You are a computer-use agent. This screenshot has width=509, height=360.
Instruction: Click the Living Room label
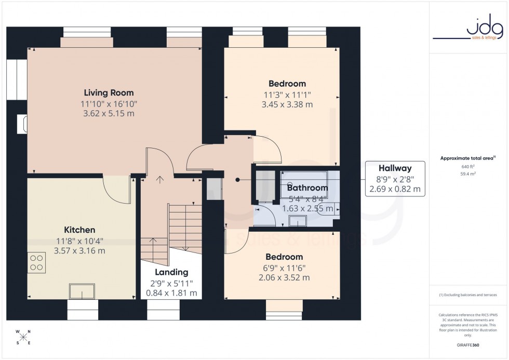click(109, 93)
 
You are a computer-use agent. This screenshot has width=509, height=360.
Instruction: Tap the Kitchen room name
click(79, 230)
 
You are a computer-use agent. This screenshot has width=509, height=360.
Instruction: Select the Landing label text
click(171, 272)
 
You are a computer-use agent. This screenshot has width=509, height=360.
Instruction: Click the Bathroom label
click(307, 188)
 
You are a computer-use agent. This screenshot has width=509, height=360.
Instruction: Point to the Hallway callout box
click(395, 179)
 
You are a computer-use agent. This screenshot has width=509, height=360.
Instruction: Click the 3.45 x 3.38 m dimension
click(287, 104)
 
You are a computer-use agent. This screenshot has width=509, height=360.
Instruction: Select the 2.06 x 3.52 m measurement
click(284, 278)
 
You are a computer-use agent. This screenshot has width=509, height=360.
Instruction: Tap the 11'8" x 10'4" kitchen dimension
click(79, 241)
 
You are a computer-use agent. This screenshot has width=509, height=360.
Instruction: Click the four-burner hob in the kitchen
click(37, 262)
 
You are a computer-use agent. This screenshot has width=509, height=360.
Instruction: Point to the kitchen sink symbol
click(82, 291)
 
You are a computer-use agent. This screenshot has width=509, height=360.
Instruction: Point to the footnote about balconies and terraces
click(468, 295)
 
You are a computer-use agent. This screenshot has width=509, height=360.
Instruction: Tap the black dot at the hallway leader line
click(237, 180)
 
